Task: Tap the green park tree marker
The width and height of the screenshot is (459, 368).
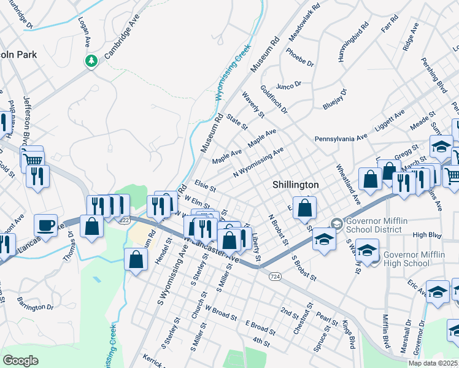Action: (91, 61)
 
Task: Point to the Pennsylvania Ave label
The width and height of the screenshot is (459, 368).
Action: (341, 139)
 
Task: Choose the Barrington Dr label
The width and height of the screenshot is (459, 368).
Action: (36, 303)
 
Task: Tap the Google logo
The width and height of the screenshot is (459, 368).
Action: (20, 360)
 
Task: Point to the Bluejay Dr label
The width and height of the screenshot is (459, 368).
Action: (335, 99)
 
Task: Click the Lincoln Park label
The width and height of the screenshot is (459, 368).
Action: (18, 55)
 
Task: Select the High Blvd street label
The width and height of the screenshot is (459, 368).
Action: (427, 234)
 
